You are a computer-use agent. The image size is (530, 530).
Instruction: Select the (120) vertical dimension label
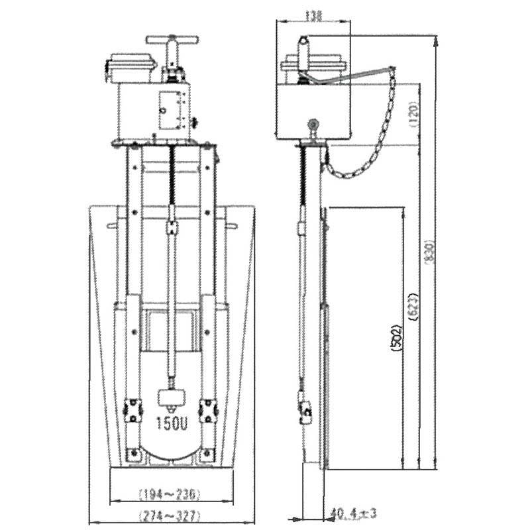(x=413, y=115)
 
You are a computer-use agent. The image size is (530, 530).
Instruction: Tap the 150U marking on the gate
(x=172, y=424)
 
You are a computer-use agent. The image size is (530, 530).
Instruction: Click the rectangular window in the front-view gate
(x=172, y=330)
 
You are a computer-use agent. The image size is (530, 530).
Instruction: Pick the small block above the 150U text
(x=172, y=397)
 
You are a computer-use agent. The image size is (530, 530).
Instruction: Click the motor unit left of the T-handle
(x=131, y=68)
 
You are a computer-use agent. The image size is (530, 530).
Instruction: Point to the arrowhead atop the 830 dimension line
(x=435, y=41)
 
